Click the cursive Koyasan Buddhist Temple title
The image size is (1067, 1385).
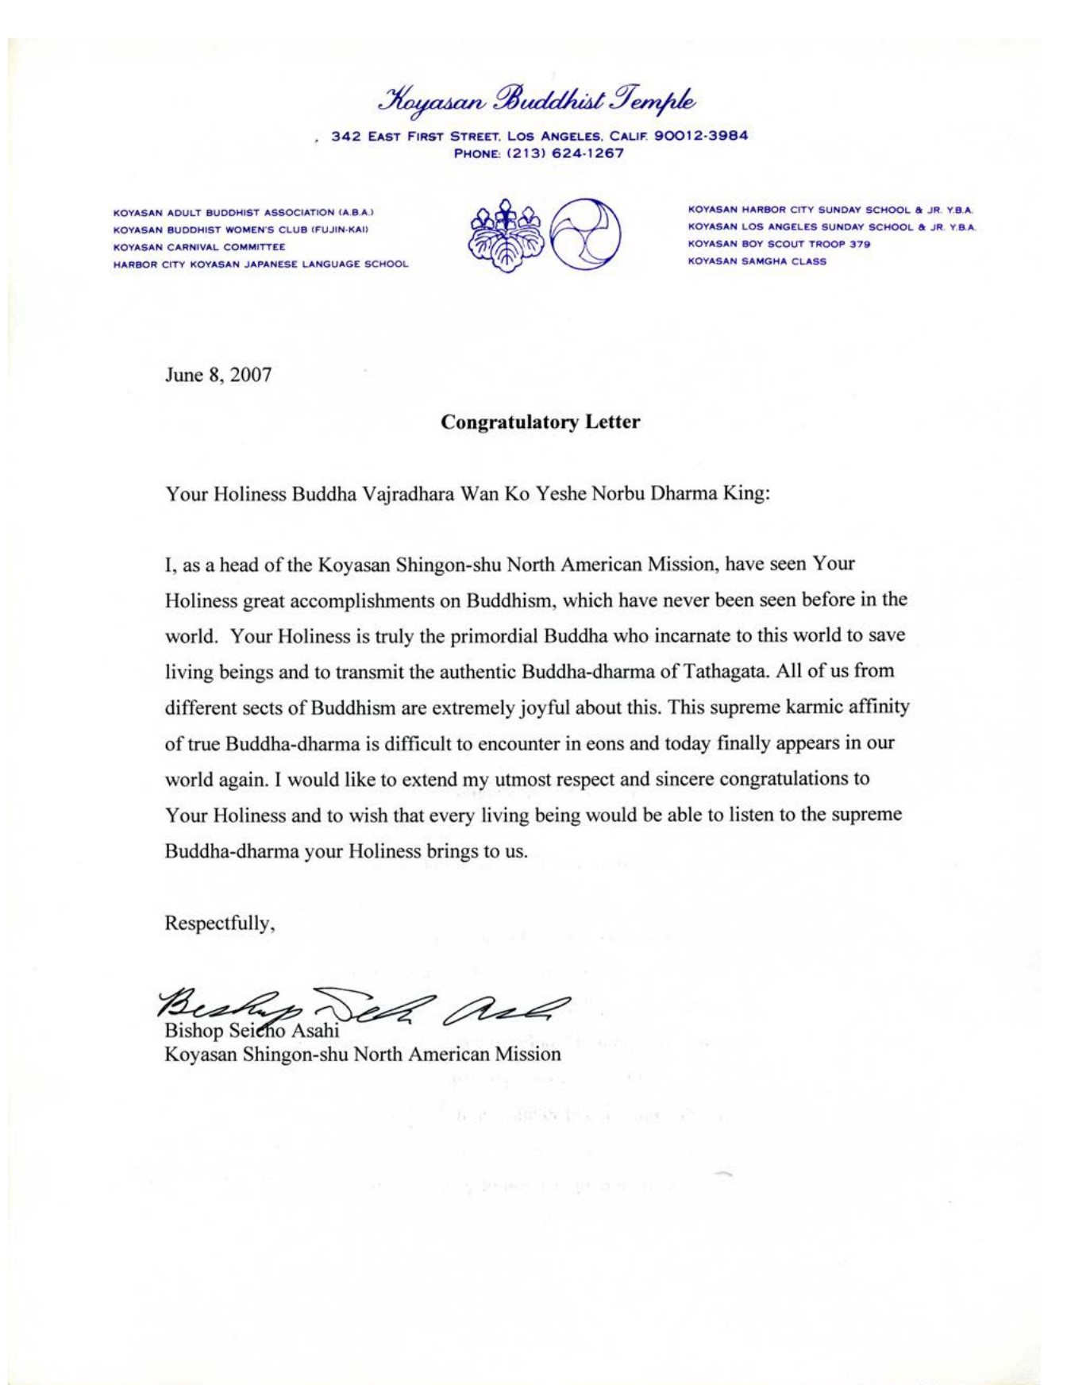(539, 101)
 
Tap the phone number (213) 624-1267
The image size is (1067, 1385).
(572, 153)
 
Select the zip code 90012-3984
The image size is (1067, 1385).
(701, 136)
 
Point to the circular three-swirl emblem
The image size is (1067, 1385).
(586, 234)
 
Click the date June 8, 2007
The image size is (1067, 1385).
(218, 375)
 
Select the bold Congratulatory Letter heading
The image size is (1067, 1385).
(540, 422)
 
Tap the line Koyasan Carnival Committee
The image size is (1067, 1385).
(199, 247)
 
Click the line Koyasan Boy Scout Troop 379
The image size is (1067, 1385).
(779, 244)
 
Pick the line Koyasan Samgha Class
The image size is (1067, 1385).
(757, 261)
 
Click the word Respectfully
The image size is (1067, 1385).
(219, 924)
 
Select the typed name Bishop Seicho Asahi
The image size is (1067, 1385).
(252, 1032)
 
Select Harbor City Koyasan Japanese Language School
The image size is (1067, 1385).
(260, 264)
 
